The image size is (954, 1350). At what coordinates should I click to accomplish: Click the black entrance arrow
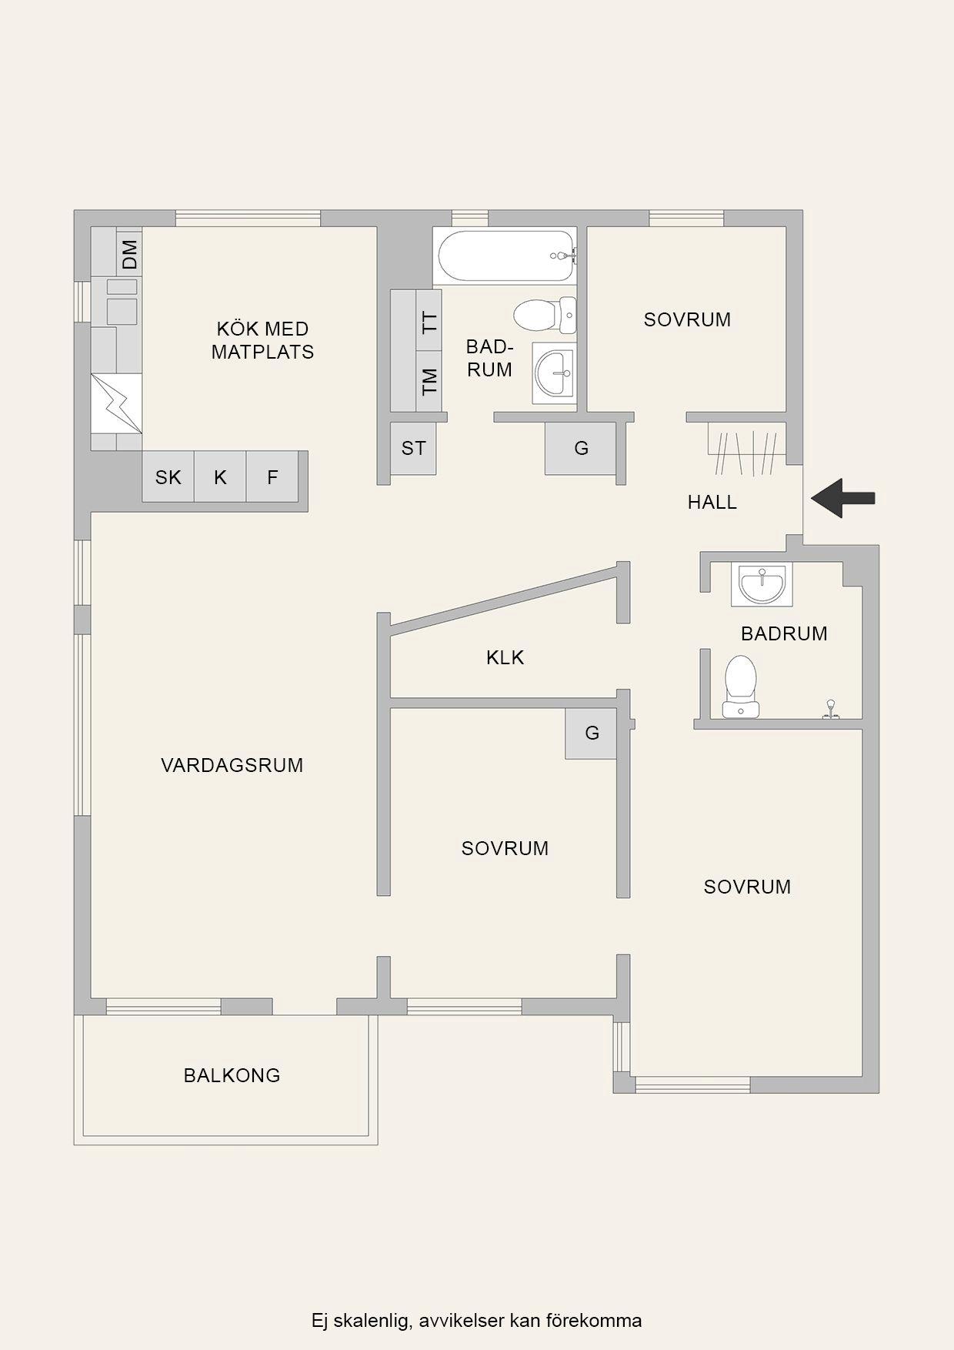click(843, 498)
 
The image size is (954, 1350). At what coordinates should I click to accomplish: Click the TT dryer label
click(429, 320)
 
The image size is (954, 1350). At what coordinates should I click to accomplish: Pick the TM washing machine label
click(429, 381)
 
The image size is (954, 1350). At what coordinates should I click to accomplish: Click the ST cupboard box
click(413, 448)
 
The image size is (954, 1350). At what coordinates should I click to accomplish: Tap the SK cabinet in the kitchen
click(168, 477)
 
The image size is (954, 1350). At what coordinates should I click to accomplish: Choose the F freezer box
click(272, 477)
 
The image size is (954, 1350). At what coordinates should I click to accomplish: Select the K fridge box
click(220, 477)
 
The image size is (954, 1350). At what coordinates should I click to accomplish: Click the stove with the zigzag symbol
click(116, 403)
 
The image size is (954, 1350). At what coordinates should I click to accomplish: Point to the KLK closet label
click(505, 657)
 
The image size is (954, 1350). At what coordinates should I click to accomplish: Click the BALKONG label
click(232, 1075)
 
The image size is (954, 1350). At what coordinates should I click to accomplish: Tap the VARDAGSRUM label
click(232, 765)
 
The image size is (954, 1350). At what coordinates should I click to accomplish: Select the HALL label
click(712, 502)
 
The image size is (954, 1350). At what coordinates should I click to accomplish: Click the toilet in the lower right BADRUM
click(740, 687)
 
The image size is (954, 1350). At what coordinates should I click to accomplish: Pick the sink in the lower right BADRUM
click(762, 584)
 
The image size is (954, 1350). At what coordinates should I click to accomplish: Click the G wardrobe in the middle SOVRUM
click(591, 733)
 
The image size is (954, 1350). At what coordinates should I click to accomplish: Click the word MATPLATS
click(263, 352)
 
